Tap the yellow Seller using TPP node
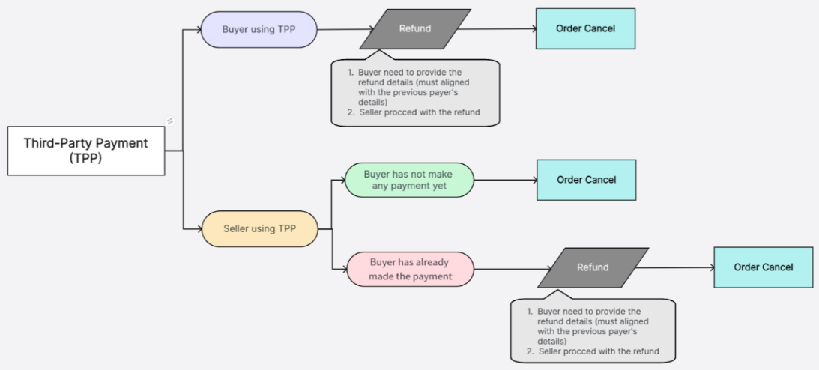tap(259, 228)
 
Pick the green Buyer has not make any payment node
tap(409, 180)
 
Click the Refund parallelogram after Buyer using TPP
tap(415, 29)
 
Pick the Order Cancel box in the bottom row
tap(763, 267)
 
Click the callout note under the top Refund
tap(415, 94)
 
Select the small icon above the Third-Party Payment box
tap(169, 121)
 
